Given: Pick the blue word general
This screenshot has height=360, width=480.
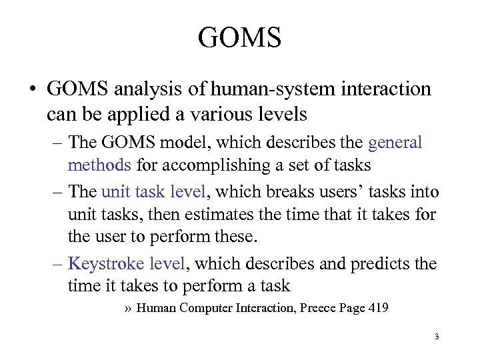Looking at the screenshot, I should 395,143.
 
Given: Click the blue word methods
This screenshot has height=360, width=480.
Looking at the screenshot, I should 102,164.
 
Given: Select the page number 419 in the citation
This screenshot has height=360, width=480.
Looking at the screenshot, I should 378,308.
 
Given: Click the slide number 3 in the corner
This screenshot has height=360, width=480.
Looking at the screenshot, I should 437,337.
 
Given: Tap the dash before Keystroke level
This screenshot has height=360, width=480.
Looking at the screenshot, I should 57,264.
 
